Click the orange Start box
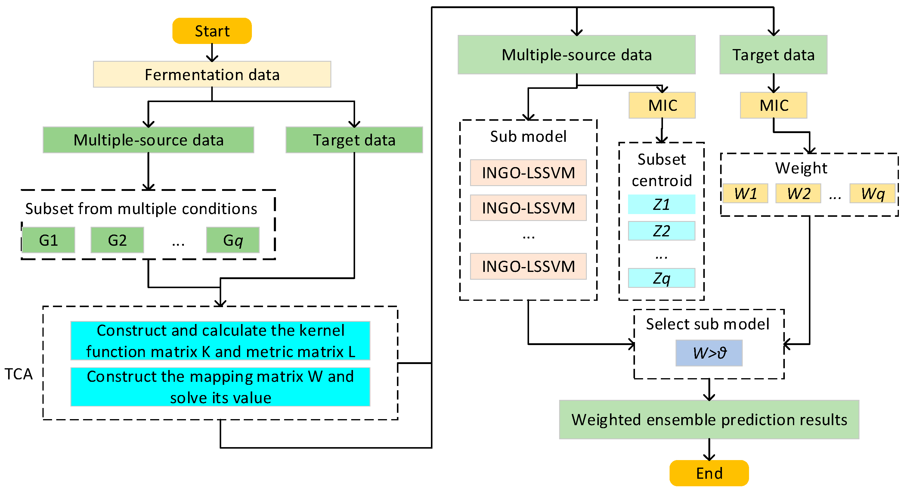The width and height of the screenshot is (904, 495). point(212,31)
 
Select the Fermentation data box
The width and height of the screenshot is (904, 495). point(212,74)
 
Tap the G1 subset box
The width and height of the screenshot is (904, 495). point(48,240)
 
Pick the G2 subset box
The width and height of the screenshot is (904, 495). point(117,240)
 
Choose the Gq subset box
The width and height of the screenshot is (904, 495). point(233,240)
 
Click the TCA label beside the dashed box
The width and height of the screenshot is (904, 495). point(18,374)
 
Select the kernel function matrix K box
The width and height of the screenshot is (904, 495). point(220,341)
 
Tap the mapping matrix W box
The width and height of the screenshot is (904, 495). point(220,387)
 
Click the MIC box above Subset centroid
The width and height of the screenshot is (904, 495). point(662,105)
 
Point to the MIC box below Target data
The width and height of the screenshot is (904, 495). point(773,105)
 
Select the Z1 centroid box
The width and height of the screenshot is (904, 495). point(661,204)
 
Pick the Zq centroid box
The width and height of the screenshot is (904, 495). point(661,278)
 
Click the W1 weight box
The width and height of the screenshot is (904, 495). point(745,193)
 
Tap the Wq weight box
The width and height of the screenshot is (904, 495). point(872,193)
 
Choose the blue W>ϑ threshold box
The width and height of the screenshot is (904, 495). point(709,353)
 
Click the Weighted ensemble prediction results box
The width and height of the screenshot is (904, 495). point(709,419)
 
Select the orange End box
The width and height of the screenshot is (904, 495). point(709,473)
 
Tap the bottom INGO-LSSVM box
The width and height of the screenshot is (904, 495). point(528,266)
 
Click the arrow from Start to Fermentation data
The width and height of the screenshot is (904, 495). point(212,53)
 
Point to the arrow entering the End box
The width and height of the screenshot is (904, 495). point(709,450)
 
